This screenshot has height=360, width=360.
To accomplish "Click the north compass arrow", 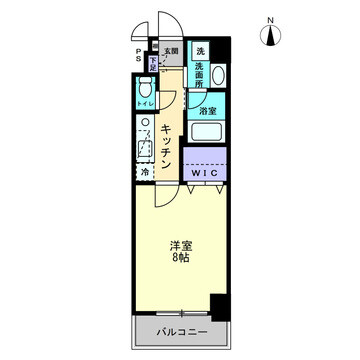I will pyautogui.click(x=270, y=38).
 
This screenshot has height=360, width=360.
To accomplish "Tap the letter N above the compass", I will pyautogui.click(x=270, y=19).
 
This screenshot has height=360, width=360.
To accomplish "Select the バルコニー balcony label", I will pyautogui.click(x=181, y=330).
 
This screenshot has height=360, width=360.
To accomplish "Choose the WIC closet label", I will pyautogui.click(x=204, y=173).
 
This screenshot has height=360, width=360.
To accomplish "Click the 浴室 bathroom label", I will pyautogui.click(x=207, y=111).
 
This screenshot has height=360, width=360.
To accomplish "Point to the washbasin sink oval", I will pyautogui.click(x=220, y=79).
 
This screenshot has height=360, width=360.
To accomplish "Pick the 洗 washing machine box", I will pyautogui.click(x=200, y=51).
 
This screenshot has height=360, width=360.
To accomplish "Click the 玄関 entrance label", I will pyautogui.click(x=172, y=50).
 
